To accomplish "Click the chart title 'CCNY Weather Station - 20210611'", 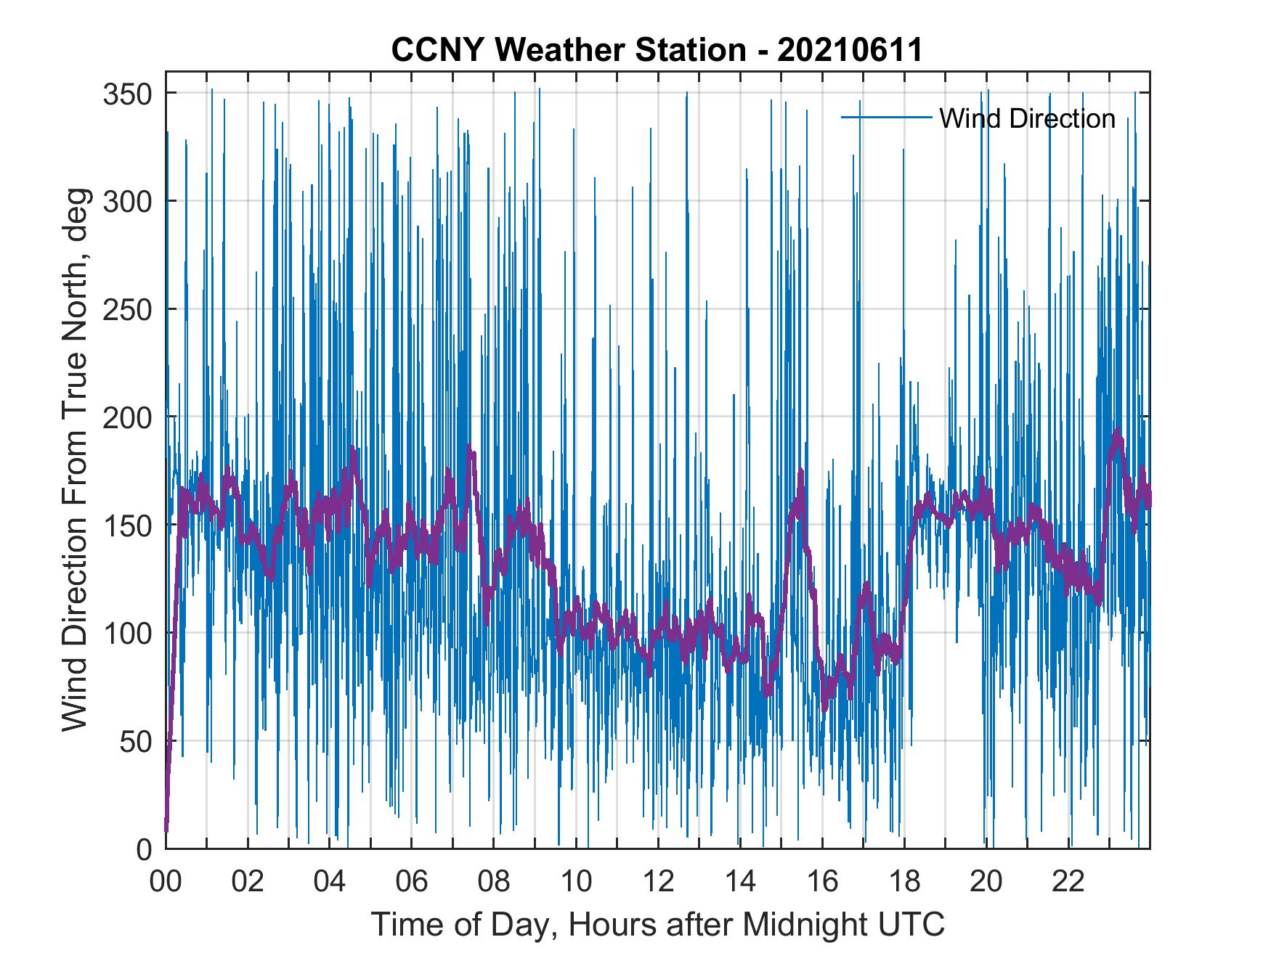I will pos(657,50).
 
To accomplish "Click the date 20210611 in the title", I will pos(849,50).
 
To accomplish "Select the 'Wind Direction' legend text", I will pos(1027,118).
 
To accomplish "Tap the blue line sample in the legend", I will pos(885,118).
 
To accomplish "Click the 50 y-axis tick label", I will pos(136,741).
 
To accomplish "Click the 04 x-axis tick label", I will pos(330,882).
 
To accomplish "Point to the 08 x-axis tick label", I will pos(494,882).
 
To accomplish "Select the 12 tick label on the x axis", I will pos(658,882).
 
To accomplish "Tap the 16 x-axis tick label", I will pos(822,882).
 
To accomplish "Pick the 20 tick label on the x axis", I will pos(987,882).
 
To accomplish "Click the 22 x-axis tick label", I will pos(1069,882).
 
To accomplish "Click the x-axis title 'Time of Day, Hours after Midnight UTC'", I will pos(658,925).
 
